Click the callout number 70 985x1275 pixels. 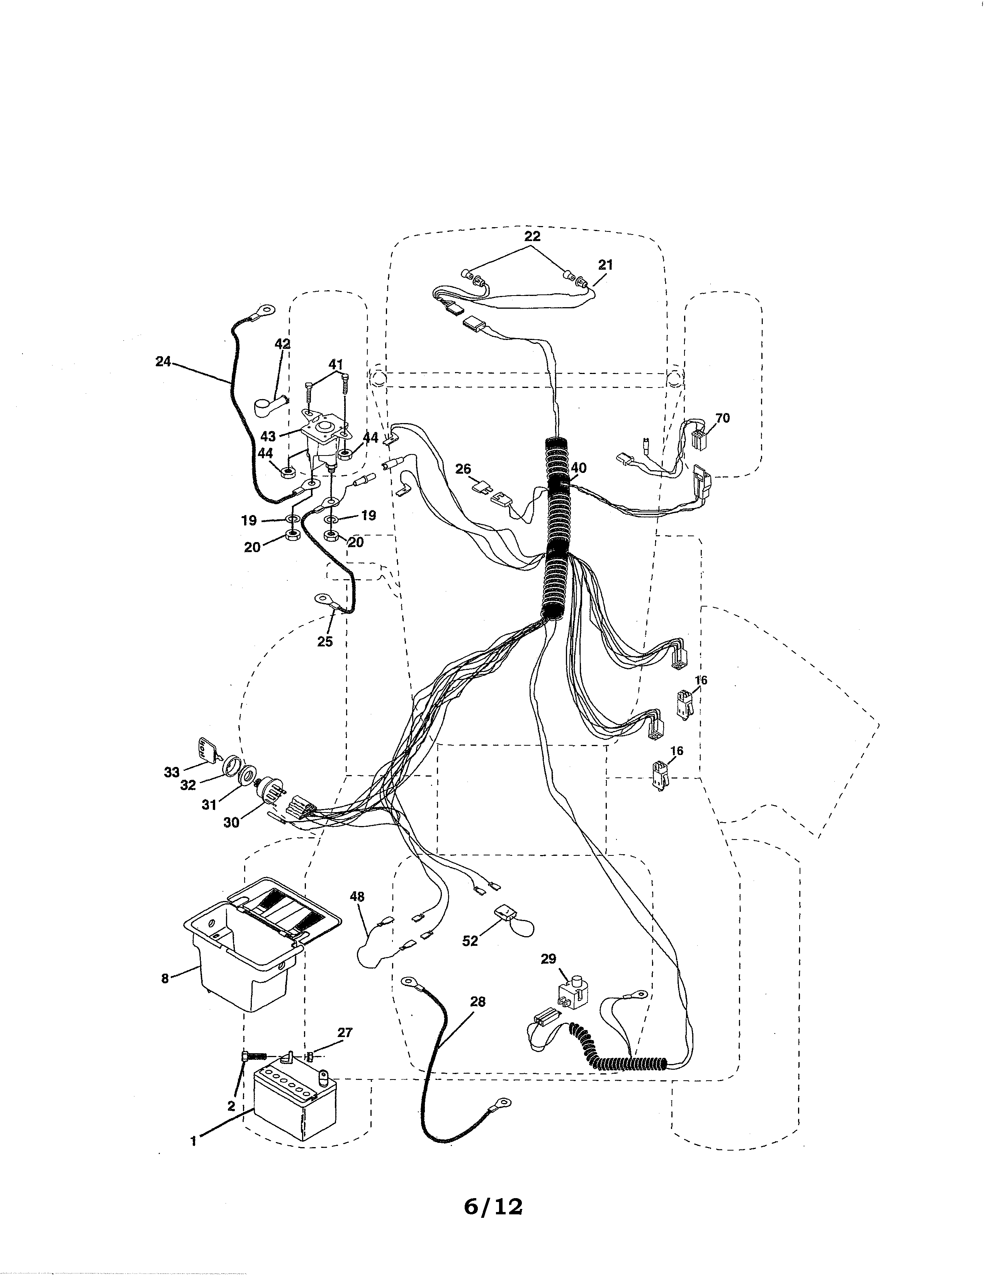[722, 418]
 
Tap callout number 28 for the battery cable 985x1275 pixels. [477, 1002]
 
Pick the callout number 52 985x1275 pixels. [470, 940]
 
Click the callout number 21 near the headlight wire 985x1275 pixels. [606, 264]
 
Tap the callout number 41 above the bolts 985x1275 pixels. [336, 365]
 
